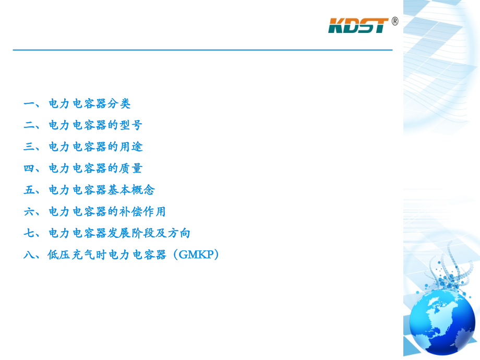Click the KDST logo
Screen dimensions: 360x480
pyautogui.click(x=358, y=25)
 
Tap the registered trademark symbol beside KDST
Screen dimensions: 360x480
pyautogui.click(x=394, y=21)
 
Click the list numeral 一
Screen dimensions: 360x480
pyautogui.click(x=29, y=104)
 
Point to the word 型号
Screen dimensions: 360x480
pyautogui.click(x=131, y=125)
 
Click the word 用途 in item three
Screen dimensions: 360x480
pyautogui.click(x=131, y=147)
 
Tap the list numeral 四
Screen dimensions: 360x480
pyautogui.click(x=29, y=169)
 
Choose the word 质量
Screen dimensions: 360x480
pyautogui.click(x=131, y=169)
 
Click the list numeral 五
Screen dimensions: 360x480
pyautogui.click(x=29, y=190)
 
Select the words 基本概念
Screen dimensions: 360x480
pyautogui.click(x=131, y=190)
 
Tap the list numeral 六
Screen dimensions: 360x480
pyautogui.click(x=29, y=212)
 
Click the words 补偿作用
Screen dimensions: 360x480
pyautogui.click(x=143, y=212)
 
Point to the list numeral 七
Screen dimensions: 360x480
pyautogui.click(x=29, y=233)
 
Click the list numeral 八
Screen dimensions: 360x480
pyautogui.click(x=29, y=255)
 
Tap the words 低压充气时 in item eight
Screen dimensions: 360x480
pyautogui.click(x=77, y=255)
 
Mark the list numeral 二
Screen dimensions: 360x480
pyautogui.click(x=29, y=125)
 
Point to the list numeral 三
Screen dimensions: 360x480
pyautogui.click(x=29, y=147)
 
